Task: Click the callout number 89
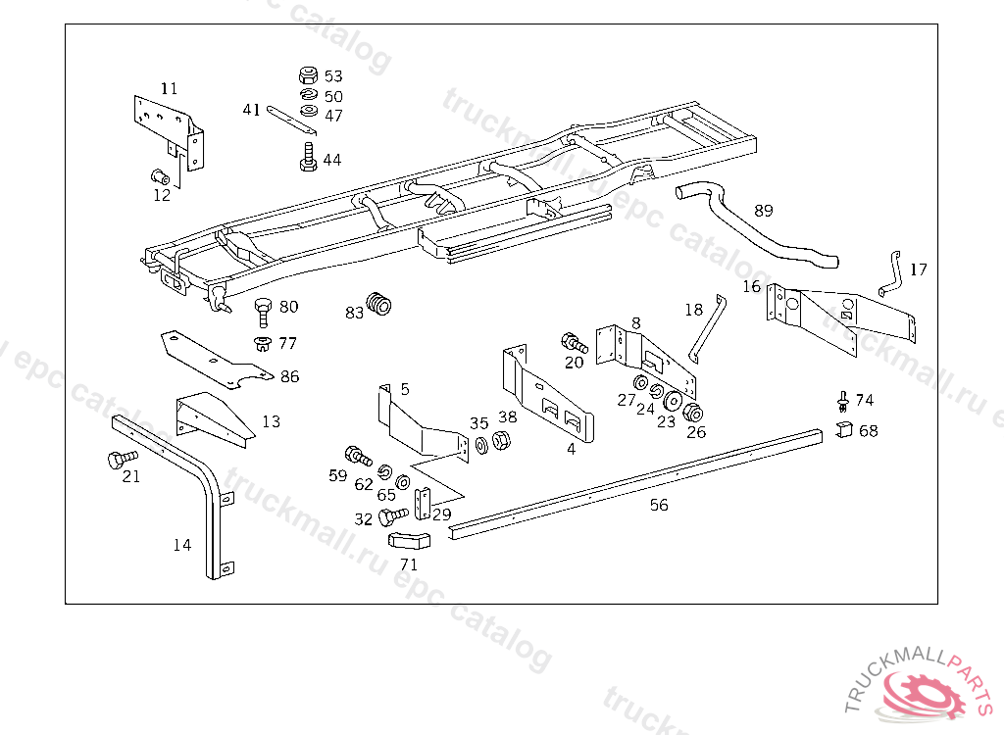(764, 210)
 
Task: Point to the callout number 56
(659, 505)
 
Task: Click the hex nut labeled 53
(306, 74)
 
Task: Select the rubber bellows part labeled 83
(379, 304)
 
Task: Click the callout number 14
(182, 545)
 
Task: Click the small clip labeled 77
(262, 343)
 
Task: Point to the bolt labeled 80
(262, 310)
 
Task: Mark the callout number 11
(170, 88)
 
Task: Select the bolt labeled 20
(573, 343)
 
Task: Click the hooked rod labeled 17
(890, 272)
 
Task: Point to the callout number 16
(751, 286)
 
